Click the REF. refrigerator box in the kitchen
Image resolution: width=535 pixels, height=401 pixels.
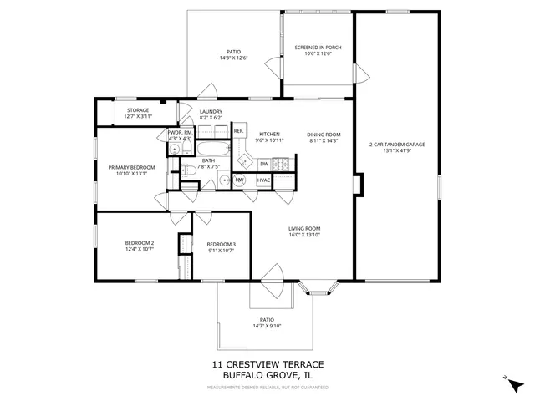(238, 131)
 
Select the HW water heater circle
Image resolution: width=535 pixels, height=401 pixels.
(239, 180)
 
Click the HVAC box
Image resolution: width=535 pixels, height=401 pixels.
(263, 180)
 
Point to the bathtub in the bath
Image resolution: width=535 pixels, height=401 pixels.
(215, 150)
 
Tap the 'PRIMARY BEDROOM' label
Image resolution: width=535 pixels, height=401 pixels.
(132, 167)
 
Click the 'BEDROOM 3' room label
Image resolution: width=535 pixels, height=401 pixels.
(222, 244)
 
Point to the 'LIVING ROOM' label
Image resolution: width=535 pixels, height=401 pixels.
(305, 229)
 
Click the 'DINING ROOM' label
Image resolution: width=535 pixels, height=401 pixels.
(323, 135)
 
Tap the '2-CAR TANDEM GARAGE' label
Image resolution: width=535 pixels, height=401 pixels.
(397, 145)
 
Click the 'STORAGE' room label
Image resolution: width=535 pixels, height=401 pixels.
(138, 110)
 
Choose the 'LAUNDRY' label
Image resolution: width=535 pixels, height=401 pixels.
(211, 111)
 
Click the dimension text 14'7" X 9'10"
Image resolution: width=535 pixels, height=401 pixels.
(267, 326)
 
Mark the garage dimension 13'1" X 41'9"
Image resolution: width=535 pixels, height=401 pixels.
(397, 151)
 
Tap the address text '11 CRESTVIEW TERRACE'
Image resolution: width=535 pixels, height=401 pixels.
(267, 364)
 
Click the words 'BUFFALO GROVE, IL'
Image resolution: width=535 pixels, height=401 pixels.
(267, 375)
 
